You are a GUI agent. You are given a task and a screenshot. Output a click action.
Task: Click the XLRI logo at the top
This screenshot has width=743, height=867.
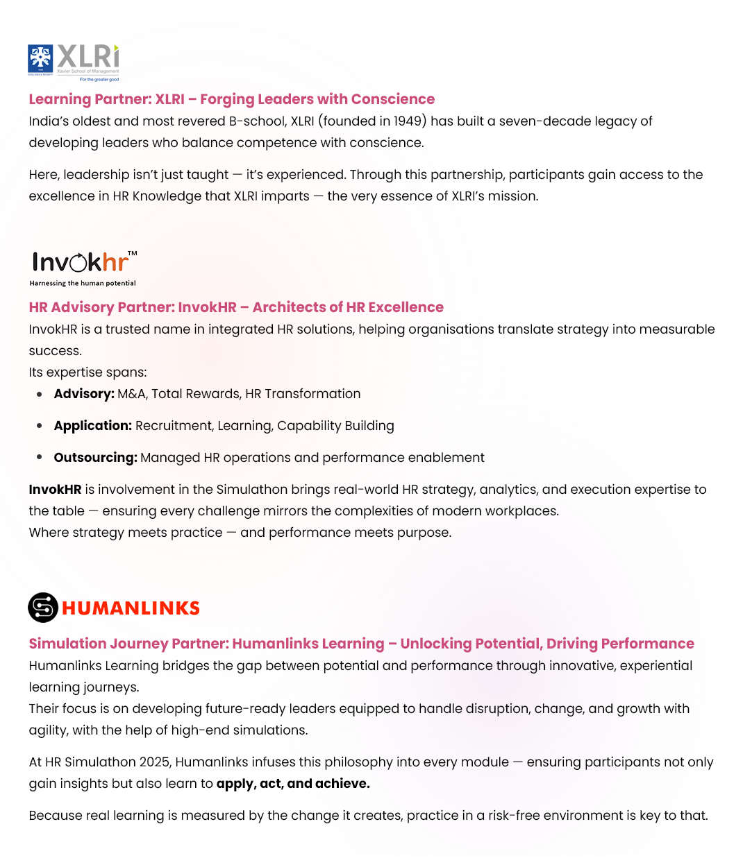coord(73,62)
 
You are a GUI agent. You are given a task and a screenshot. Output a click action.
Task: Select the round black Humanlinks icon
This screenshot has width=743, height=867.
coord(42,608)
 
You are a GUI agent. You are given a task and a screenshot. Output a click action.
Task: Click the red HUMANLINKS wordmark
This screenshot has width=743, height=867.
coord(131,608)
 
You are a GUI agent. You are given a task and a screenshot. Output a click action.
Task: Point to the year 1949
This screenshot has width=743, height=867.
coord(408,121)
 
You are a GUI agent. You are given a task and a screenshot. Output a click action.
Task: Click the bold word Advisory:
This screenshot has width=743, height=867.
coord(84,394)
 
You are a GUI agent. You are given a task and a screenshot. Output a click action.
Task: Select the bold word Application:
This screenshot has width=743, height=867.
coord(92,426)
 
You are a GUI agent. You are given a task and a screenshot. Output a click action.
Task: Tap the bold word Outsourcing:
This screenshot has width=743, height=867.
coord(95,458)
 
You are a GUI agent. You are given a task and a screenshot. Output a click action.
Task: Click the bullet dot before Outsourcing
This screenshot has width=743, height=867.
coord(40,458)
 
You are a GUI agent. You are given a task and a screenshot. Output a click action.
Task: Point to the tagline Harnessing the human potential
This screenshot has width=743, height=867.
coord(83,283)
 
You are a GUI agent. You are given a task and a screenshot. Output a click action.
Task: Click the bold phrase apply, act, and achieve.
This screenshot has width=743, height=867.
coord(293,784)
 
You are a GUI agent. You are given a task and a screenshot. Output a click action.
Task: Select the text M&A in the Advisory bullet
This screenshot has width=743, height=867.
coord(132,394)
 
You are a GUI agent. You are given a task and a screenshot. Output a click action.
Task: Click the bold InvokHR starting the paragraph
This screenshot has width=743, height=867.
coord(56,490)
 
